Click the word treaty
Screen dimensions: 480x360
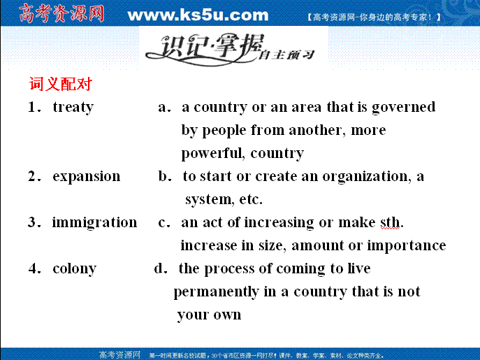pos(73,108)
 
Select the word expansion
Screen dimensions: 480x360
pos(87,177)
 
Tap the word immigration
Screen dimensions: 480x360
pos(94,223)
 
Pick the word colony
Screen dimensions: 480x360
pos(74,269)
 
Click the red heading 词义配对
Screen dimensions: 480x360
pos(61,84)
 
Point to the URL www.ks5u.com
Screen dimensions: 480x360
pos(198,15)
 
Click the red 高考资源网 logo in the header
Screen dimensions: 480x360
pos(61,13)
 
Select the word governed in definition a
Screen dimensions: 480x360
pos(403,108)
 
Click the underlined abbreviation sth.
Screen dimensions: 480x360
pos(390,222)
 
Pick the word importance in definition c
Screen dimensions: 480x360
pos(407,246)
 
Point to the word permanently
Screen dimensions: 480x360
pos(216,292)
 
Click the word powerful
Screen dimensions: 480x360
pos(211,154)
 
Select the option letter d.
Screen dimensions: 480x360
pos(159,268)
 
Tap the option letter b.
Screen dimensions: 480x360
pos(163,176)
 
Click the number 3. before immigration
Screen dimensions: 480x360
pos(34,222)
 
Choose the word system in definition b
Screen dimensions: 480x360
pos(208,200)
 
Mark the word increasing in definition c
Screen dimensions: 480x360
pos(279,223)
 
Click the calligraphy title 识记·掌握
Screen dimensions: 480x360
pos(205,48)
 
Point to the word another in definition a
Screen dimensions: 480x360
pos(315,130)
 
